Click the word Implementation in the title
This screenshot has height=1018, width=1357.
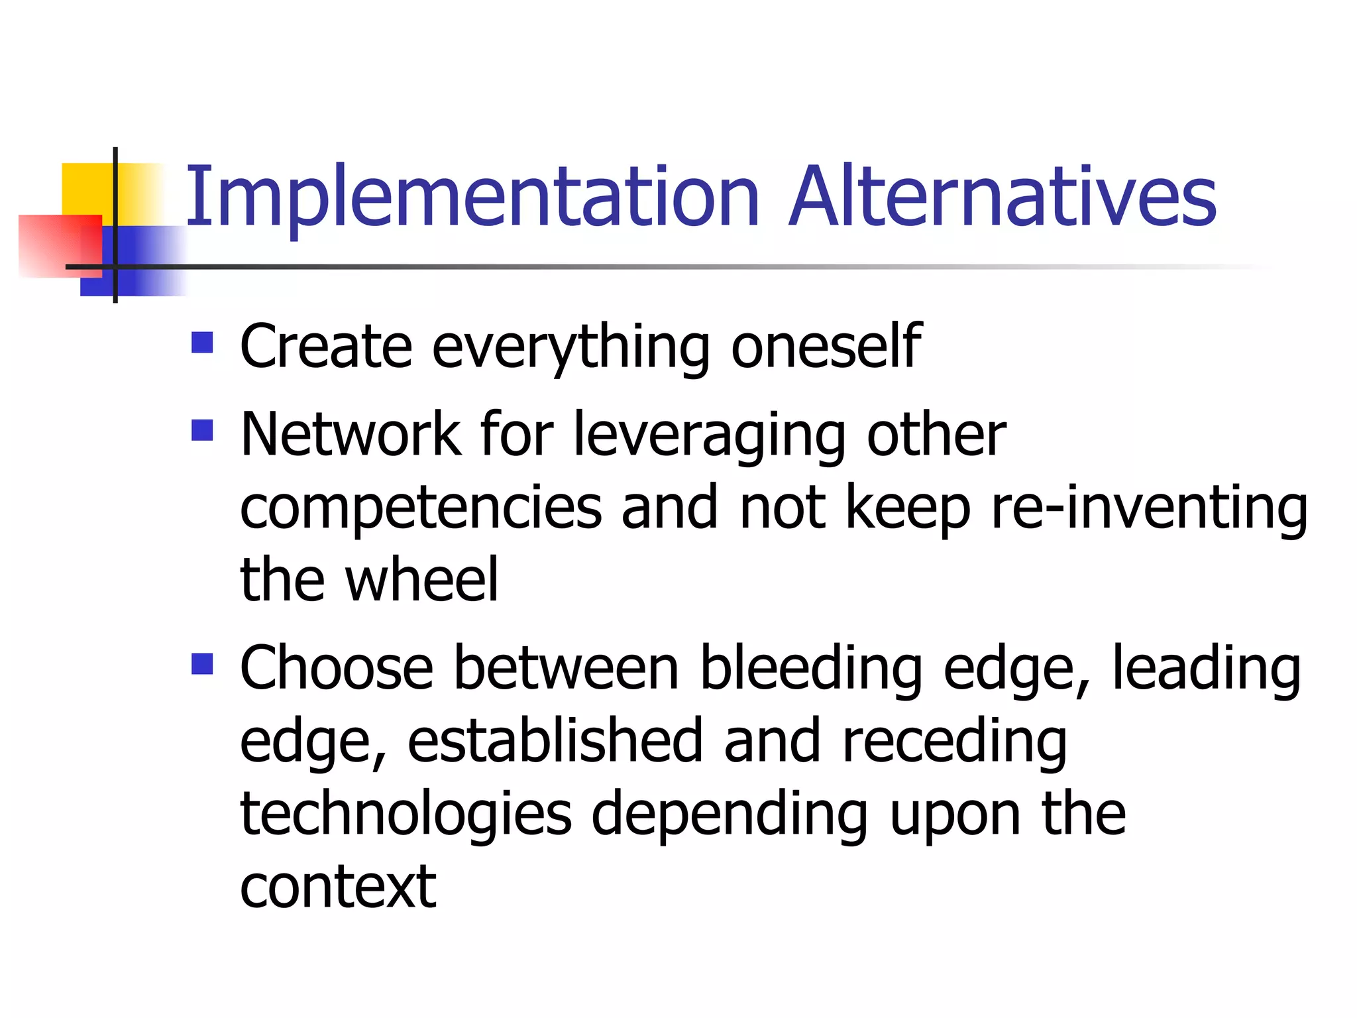pos(472,197)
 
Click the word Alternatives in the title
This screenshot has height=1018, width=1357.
pos(1002,197)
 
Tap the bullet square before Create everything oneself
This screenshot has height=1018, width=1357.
pos(202,343)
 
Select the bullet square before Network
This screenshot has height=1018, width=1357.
pos(202,431)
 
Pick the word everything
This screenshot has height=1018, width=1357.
pos(570,348)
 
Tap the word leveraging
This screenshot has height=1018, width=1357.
pos(709,436)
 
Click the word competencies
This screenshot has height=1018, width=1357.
pos(421,509)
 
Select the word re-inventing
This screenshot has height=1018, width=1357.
pos(1149,509)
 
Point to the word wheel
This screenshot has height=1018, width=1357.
pos(421,580)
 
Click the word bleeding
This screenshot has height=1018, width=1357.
pos(811,669)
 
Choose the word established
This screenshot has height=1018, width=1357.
pos(555,741)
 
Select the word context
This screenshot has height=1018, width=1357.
pos(338,887)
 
